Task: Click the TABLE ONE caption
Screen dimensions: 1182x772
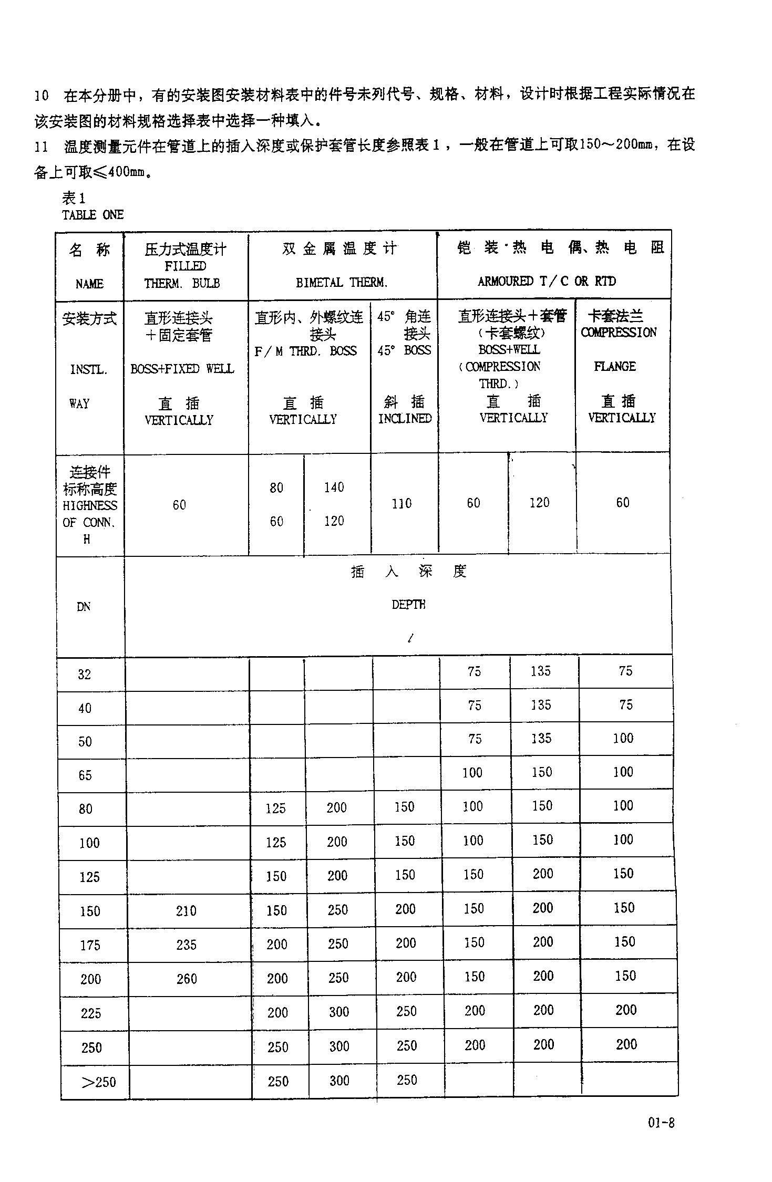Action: coord(92,215)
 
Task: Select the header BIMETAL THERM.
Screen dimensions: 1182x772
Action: coord(342,283)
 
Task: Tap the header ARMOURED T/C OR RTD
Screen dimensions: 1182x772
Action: coord(547,282)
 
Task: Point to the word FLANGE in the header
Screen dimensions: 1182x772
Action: coord(614,366)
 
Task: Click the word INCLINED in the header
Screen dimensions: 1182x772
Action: coord(405,419)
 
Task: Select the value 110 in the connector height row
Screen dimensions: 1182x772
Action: coord(402,504)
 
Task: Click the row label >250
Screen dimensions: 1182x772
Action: coord(98,1082)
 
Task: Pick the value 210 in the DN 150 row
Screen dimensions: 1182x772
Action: coord(186,910)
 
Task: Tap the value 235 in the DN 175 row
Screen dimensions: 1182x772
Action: coord(186,945)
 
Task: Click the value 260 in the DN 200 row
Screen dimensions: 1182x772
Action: coord(187,979)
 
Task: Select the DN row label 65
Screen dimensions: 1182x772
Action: coord(85,775)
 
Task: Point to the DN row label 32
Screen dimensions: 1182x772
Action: coord(85,675)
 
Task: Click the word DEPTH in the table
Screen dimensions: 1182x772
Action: coord(408,605)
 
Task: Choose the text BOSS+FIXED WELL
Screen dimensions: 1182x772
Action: coord(182,369)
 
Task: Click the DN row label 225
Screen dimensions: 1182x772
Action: coord(91,1013)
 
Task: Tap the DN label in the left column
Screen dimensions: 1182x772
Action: coord(84,607)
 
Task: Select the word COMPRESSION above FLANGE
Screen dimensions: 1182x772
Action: coord(619,333)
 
